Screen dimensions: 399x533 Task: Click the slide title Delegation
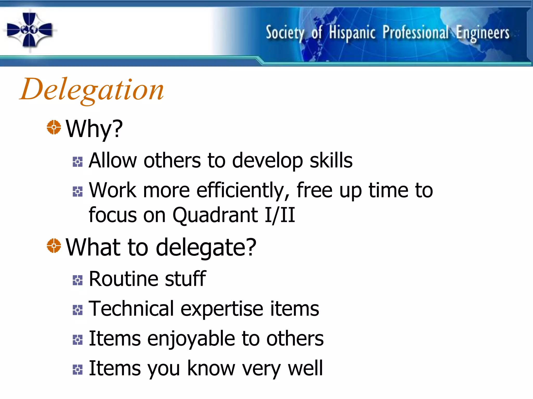pyautogui.click(x=92, y=90)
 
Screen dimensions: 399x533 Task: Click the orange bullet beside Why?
pyautogui.click(x=54, y=127)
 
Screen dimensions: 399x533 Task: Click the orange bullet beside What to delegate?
pyautogui.click(x=54, y=245)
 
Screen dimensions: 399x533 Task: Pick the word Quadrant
pyautogui.click(x=215, y=215)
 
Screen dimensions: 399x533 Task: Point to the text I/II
pyautogui.click(x=280, y=215)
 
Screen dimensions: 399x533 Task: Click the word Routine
pyautogui.click(x=124, y=279)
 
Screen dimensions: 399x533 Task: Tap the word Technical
pyautogui.click(x=131, y=309)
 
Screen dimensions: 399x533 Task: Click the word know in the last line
pyautogui.click(x=211, y=368)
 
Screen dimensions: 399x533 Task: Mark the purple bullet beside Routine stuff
pyautogui.click(x=78, y=280)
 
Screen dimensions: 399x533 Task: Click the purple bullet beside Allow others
pyautogui.click(x=78, y=162)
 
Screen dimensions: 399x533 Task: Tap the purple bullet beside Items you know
pyautogui.click(x=78, y=370)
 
